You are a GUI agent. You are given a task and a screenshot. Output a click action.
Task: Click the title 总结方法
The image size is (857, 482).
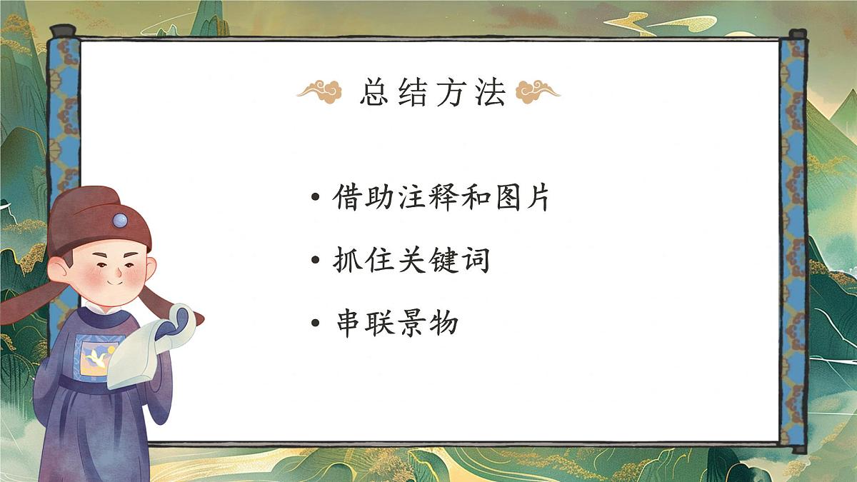[x=433, y=93]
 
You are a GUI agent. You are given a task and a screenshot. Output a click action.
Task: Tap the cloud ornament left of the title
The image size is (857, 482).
[x=320, y=92]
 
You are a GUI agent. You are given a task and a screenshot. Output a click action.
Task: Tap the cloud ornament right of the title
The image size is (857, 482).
[x=538, y=91]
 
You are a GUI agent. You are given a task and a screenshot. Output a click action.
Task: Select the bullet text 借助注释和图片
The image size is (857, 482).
[x=441, y=198]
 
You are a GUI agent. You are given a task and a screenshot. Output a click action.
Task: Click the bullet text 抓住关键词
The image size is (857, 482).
[x=411, y=261]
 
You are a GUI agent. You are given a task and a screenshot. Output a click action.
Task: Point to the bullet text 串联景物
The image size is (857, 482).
[x=396, y=324]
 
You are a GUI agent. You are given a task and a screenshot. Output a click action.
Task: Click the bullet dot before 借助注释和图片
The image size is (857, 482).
[x=316, y=199]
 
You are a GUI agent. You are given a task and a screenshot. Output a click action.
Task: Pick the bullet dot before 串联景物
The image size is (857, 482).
[x=316, y=325]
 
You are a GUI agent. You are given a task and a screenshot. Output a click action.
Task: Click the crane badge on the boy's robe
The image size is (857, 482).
[x=96, y=356]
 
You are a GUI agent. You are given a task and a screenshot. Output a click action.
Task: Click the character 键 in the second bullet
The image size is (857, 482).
[x=441, y=261]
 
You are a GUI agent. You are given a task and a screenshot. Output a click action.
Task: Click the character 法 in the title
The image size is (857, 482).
[x=490, y=93]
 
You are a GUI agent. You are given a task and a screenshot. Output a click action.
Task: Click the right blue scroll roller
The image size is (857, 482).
[x=792, y=243]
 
